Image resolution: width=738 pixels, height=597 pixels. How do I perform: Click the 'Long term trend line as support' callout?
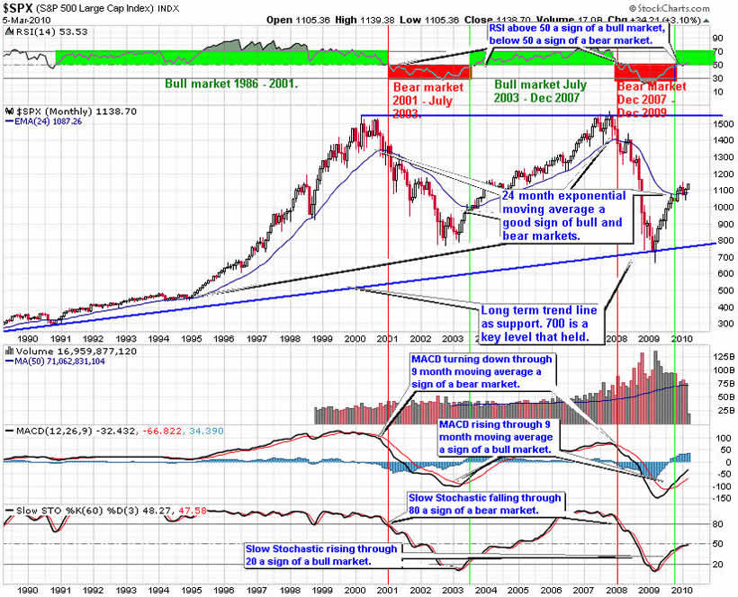coord(544,322)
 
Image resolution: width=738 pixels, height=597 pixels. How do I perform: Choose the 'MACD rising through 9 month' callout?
coord(497,435)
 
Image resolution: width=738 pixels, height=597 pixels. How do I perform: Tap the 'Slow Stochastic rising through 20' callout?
coord(321,556)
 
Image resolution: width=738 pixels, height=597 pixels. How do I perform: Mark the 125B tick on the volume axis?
coord(700,357)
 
